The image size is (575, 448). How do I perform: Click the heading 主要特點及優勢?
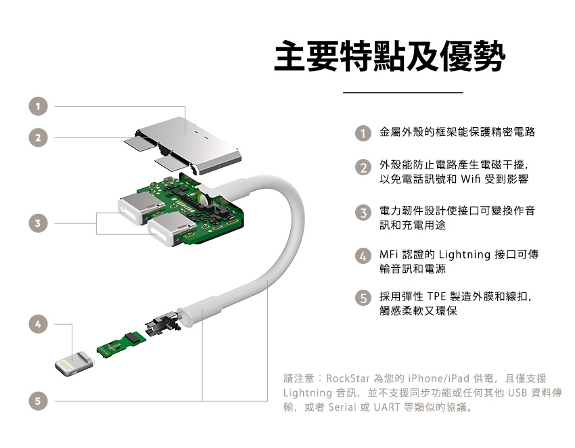click(390, 56)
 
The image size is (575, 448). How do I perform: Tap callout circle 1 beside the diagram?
click(38, 106)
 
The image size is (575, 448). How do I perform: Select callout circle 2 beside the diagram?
click(38, 137)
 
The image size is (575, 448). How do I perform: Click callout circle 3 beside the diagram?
click(38, 223)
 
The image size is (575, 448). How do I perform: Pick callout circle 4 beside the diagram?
click(38, 324)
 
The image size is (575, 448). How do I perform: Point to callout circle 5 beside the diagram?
click(38, 401)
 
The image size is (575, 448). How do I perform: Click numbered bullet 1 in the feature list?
click(363, 133)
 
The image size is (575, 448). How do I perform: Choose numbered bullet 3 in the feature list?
click(363, 212)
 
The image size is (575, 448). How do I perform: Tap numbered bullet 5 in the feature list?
click(363, 298)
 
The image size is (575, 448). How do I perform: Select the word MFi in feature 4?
click(389, 254)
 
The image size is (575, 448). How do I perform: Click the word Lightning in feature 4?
click(465, 255)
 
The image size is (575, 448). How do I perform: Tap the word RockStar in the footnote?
click(348, 378)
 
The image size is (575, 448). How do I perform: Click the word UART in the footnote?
click(387, 407)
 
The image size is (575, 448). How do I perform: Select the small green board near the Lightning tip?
click(121, 344)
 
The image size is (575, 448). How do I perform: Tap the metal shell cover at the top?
click(187, 145)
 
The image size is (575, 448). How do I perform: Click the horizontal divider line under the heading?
click(403, 93)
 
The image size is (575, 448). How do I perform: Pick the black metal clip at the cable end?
click(163, 323)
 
